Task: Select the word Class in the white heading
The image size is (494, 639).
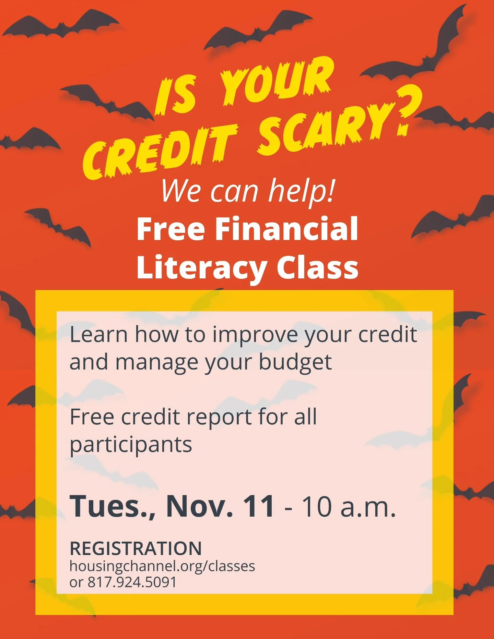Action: pos(317,267)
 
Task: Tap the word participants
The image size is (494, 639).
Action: pos(131,445)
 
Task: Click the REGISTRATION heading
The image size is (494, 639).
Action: pos(136,548)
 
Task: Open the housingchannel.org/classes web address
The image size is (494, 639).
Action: pos(162,566)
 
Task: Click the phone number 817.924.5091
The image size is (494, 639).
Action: pos(132,582)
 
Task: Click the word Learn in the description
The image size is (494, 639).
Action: pos(98,335)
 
